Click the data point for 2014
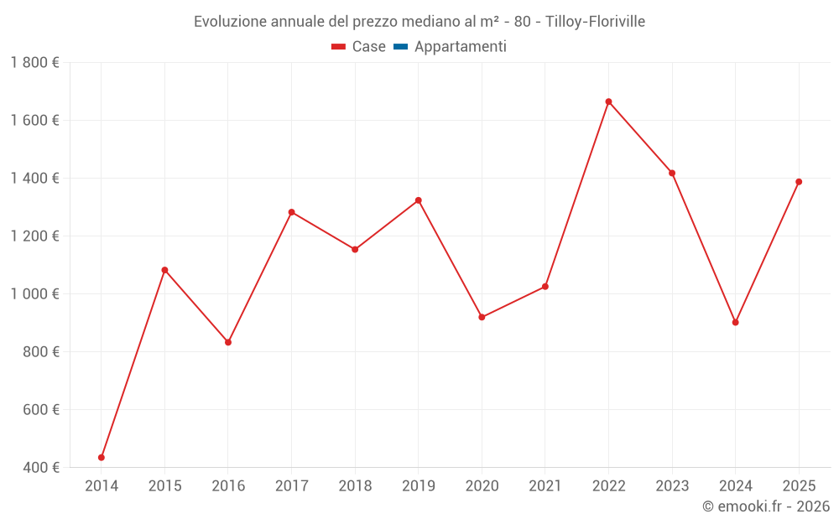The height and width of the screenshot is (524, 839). tap(102, 458)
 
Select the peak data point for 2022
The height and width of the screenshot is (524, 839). tap(608, 101)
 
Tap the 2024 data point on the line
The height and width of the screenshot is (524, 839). tap(736, 322)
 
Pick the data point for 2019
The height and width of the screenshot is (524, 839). tap(418, 200)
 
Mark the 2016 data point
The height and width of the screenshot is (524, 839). tap(228, 342)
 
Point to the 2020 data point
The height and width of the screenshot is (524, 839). tap(482, 317)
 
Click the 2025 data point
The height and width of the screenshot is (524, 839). tap(799, 182)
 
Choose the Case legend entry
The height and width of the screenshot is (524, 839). tap(368, 47)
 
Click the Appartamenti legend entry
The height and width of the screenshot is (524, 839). tap(460, 47)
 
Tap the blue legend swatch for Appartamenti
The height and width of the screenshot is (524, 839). tap(400, 47)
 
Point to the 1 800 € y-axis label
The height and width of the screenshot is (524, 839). tap(34, 62)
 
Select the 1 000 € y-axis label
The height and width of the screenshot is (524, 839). tap(34, 293)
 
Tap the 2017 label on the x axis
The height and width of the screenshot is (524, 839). tap(291, 485)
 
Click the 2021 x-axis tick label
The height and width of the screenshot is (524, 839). tap(545, 485)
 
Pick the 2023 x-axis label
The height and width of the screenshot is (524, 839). tap(672, 485)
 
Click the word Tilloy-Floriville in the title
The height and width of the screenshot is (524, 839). tap(595, 22)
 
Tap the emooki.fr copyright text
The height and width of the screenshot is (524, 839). tap(766, 506)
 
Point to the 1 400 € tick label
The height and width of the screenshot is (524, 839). tap(34, 178)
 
